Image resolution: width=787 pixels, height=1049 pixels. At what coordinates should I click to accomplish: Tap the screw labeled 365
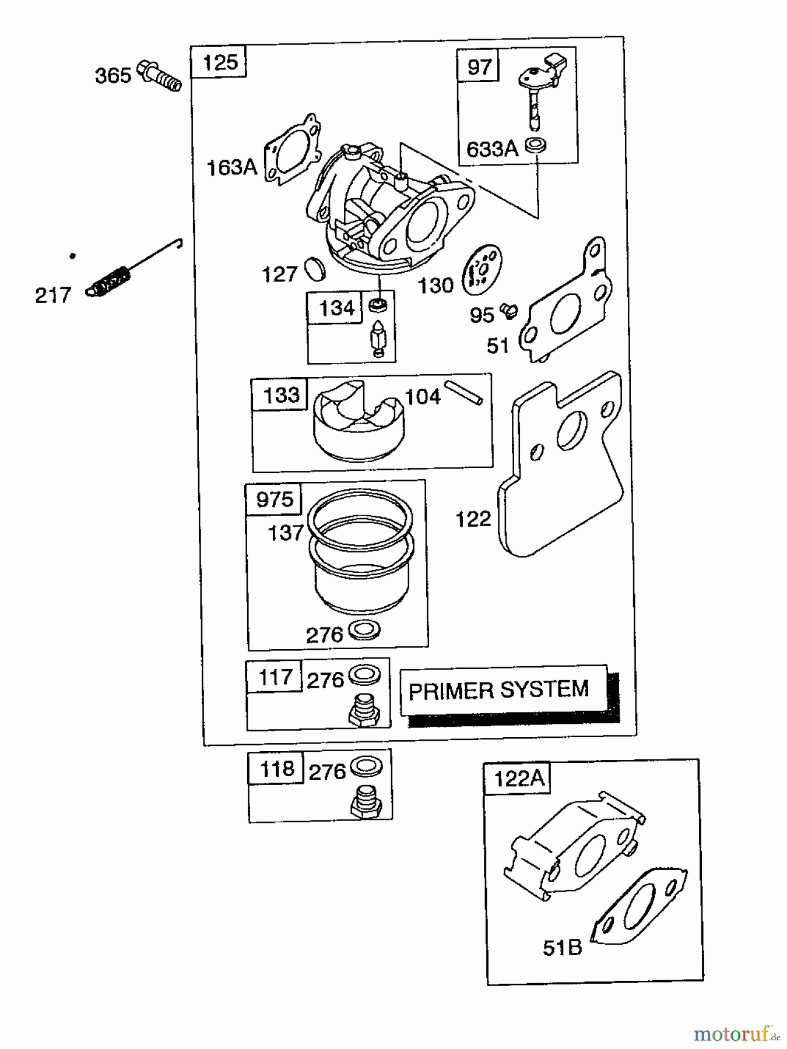(159, 77)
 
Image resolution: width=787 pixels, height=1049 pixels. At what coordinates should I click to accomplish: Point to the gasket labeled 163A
(292, 150)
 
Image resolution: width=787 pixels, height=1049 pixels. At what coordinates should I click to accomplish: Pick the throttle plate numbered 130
(482, 270)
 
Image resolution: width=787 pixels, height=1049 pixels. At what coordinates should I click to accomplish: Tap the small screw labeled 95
(510, 311)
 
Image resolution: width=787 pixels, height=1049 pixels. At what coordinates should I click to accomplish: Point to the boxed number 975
(274, 499)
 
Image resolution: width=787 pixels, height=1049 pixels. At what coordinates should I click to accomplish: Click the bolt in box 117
(364, 710)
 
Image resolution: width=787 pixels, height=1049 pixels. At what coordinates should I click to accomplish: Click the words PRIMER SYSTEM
(499, 690)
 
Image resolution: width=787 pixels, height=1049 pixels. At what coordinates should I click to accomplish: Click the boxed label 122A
(518, 779)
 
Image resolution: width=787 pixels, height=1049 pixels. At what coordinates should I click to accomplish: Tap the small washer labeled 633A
(536, 145)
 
